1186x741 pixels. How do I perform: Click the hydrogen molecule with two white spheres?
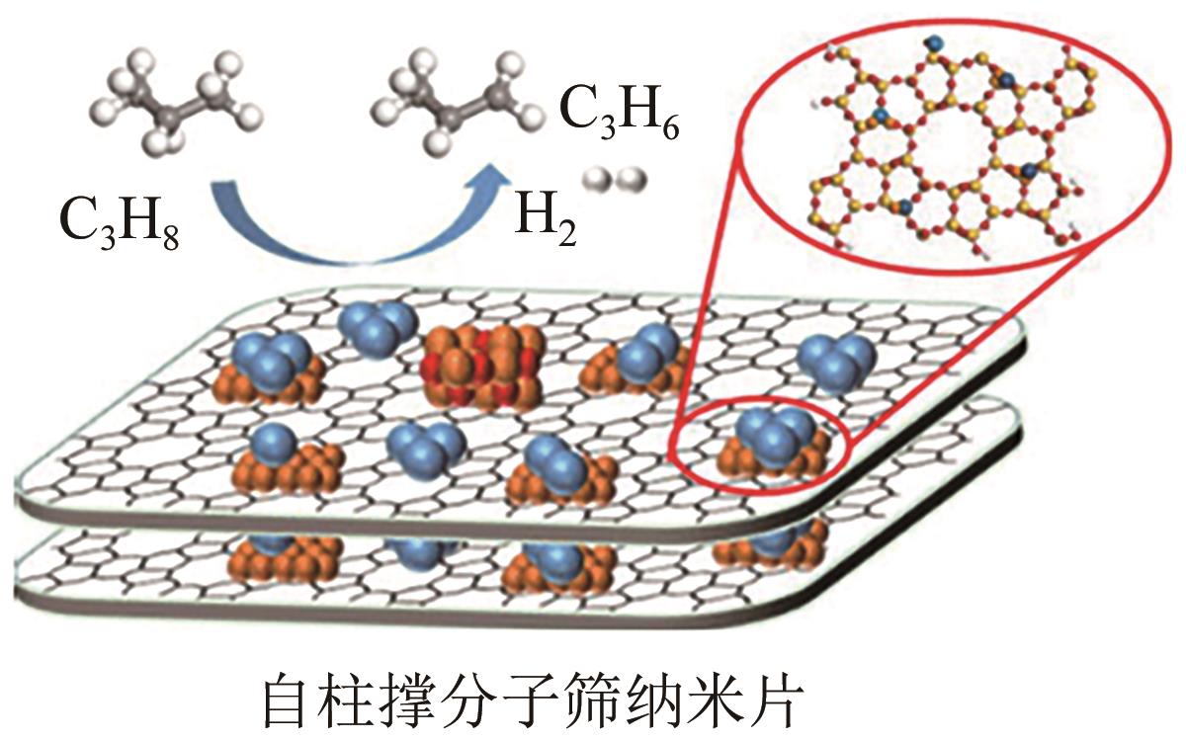(x=614, y=181)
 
